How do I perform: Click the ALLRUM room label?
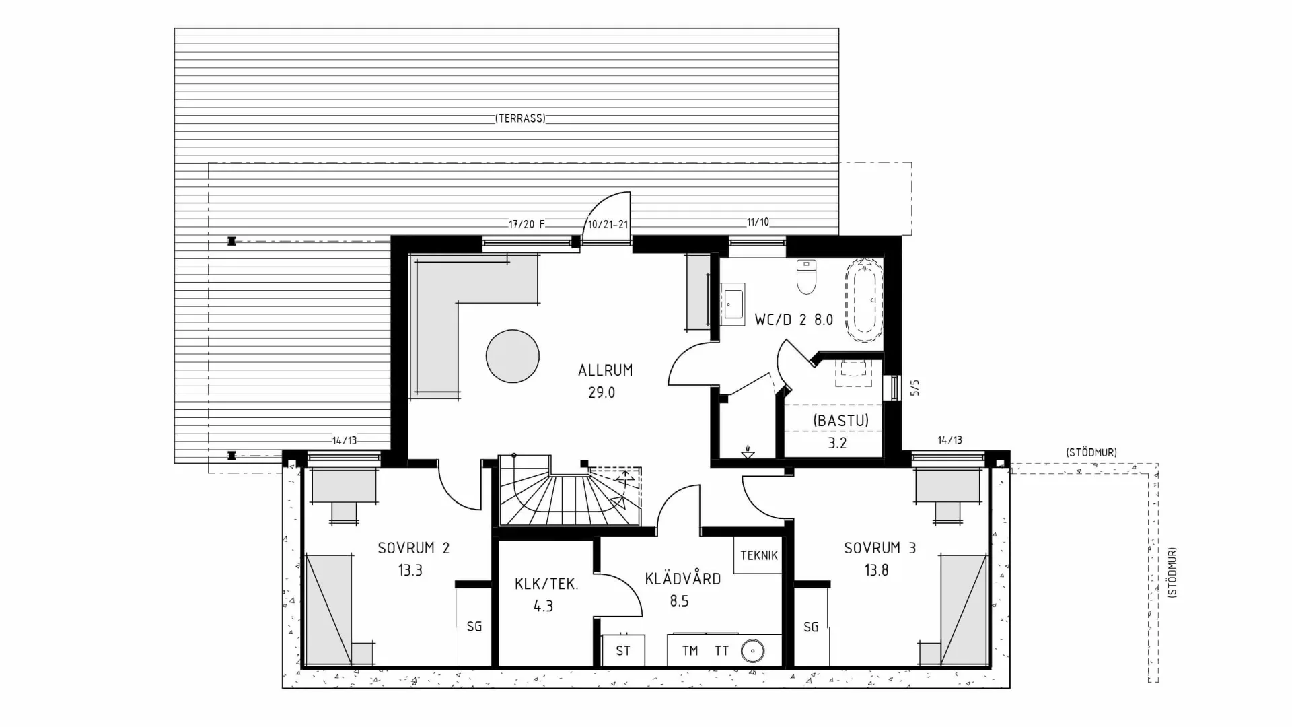point(605,370)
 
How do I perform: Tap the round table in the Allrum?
point(513,356)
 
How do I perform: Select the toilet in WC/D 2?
point(805,277)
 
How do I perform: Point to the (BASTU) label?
point(840,421)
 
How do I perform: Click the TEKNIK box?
point(758,555)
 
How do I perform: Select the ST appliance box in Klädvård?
point(623,651)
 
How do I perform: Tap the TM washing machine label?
point(690,651)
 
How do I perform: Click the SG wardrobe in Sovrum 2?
point(474,627)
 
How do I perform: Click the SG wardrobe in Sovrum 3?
point(811,627)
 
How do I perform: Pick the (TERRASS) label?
point(520,118)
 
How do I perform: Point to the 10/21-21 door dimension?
point(608,224)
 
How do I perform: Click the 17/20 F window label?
point(526,224)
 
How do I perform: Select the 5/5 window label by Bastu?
point(914,388)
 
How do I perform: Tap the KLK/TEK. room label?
point(546,584)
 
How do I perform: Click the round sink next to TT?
point(752,651)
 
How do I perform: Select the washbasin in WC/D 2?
point(732,304)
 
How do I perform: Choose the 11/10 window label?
point(758,222)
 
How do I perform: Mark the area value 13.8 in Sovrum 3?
point(876,571)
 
